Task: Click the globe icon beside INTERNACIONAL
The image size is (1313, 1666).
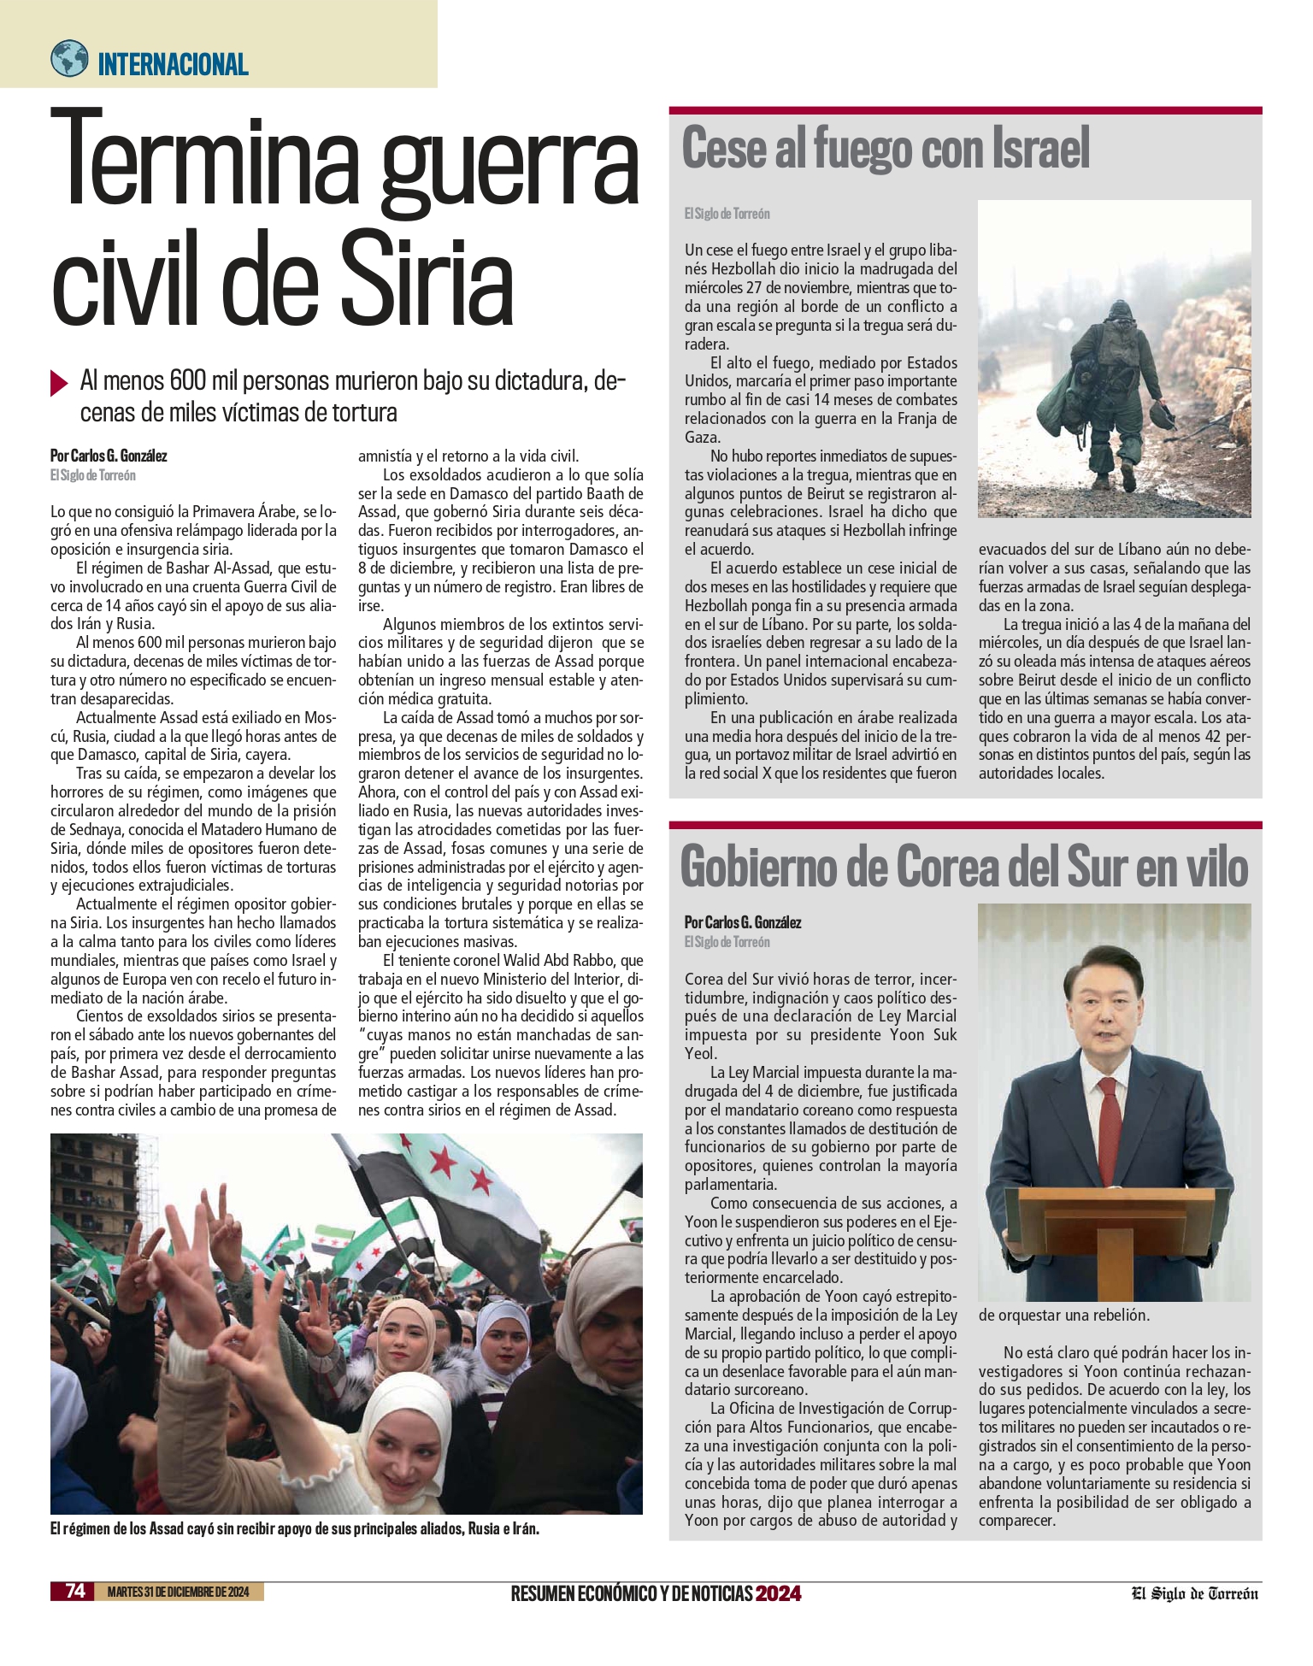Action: point(69,59)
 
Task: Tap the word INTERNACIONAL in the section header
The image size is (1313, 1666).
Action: point(173,64)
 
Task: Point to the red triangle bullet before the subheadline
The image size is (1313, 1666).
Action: point(59,382)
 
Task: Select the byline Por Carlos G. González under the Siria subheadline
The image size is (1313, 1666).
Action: point(109,456)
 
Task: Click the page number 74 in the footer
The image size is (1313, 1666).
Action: point(76,1591)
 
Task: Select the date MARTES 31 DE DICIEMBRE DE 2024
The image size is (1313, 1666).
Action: point(178,1592)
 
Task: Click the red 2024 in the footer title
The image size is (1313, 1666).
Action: point(778,1592)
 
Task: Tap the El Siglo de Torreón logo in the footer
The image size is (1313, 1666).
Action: point(1195,1592)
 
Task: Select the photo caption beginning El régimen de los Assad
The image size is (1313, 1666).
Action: point(295,1529)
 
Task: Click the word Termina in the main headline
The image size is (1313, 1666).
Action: point(209,161)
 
